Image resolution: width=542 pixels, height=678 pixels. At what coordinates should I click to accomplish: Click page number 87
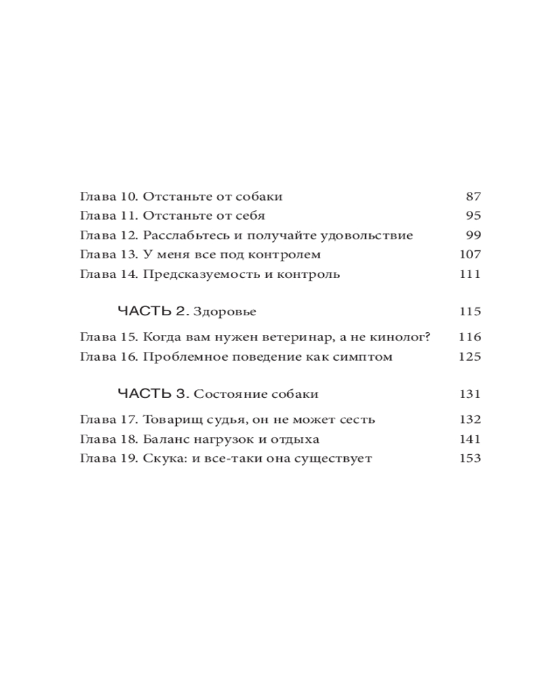click(x=473, y=197)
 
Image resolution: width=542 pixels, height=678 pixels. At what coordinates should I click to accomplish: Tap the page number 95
click(x=473, y=216)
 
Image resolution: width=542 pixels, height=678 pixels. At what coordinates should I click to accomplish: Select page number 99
click(x=473, y=235)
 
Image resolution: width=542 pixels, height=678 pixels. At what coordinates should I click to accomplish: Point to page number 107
click(x=470, y=255)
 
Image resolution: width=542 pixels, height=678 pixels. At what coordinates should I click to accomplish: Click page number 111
click(x=470, y=275)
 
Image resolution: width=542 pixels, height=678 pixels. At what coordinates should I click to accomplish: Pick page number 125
click(x=470, y=357)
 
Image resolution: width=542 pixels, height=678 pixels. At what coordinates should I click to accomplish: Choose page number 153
click(x=470, y=458)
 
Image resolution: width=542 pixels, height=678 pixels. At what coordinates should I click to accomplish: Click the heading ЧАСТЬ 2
click(x=153, y=312)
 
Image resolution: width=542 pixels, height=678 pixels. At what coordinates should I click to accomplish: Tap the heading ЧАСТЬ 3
click(x=153, y=394)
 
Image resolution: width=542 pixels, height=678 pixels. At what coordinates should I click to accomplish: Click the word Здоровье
click(x=225, y=312)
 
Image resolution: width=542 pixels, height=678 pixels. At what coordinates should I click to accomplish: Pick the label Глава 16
click(x=108, y=357)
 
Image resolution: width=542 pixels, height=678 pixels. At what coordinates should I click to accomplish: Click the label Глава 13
click(x=108, y=255)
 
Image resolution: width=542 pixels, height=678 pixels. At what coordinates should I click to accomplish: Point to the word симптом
click(x=364, y=357)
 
